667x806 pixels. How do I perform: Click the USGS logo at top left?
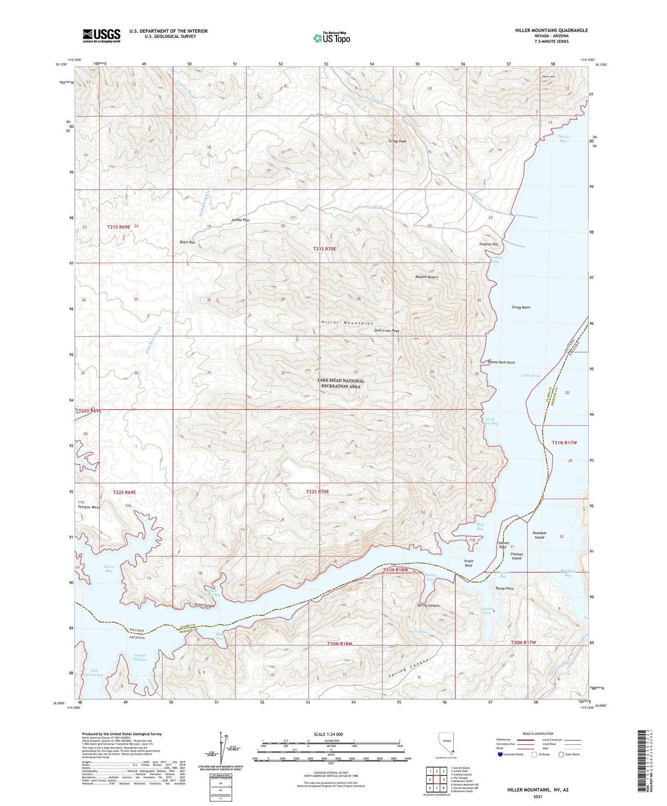[x=102, y=36]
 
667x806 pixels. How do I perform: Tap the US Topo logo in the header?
[x=331, y=38]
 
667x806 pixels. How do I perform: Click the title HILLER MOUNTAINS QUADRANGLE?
[x=551, y=30]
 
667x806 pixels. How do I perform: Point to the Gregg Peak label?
[x=397, y=141]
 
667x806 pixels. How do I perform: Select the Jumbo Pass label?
[x=240, y=220]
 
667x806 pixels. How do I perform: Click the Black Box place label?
[x=187, y=242]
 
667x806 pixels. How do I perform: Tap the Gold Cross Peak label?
[x=386, y=331]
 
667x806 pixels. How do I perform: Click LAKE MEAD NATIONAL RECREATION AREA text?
[x=341, y=384]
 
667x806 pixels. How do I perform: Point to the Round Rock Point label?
[x=501, y=362]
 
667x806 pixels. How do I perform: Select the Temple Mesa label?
[x=89, y=507]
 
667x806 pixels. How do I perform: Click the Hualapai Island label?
[x=539, y=535]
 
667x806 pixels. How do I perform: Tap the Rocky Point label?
[x=505, y=589]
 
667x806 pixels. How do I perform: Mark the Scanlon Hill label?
[x=488, y=244]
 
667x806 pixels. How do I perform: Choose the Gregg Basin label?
[x=521, y=307]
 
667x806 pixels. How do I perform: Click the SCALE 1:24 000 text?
[x=328, y=734]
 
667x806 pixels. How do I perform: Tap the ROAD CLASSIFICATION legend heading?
[x=538, y=734]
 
